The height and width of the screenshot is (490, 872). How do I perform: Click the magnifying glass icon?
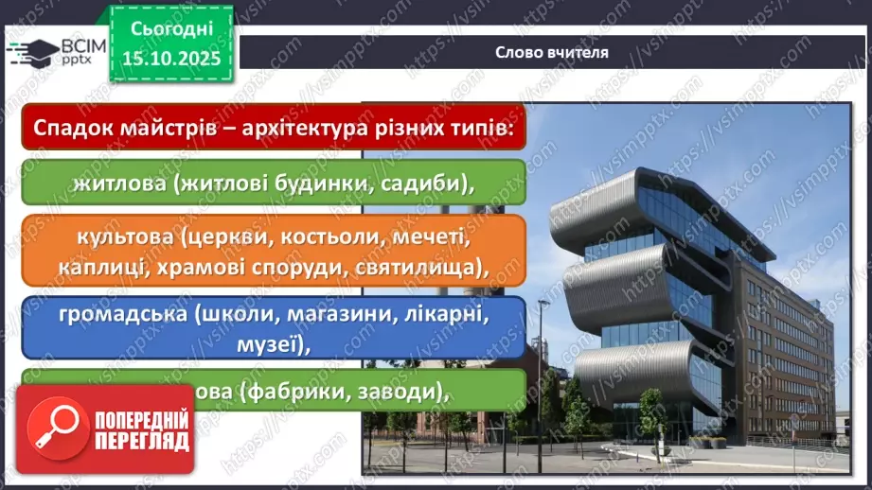click(56, 430)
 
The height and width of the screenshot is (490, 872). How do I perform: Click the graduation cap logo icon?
click(34, 49)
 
